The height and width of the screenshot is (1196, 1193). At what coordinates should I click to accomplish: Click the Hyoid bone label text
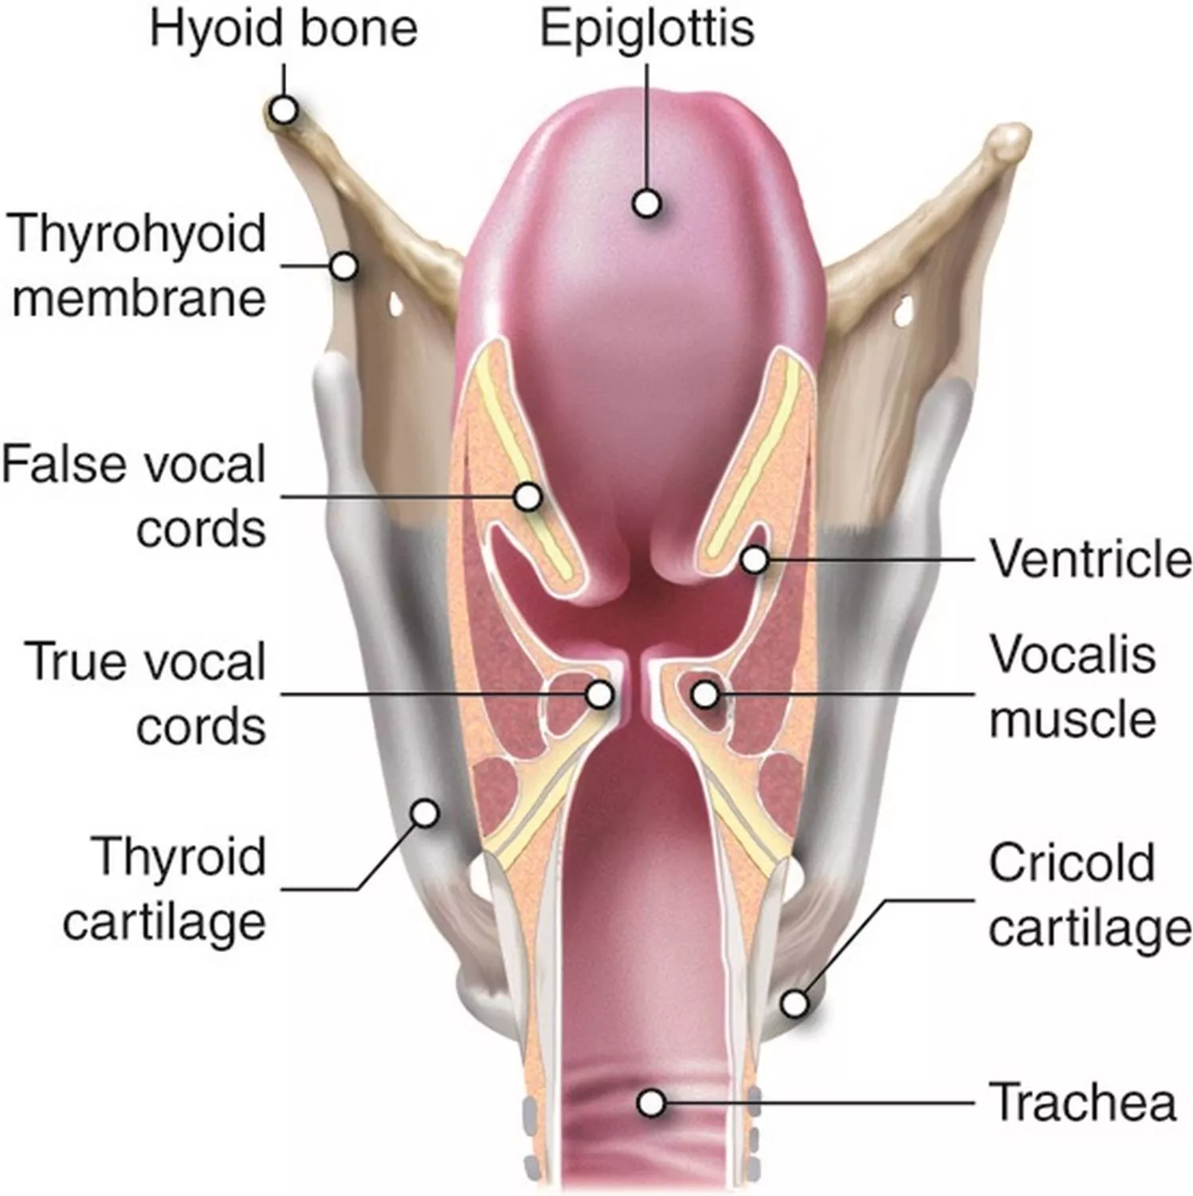click(x=284, y=28)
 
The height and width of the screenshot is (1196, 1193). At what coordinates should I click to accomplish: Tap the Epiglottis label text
click(x=647, y=30)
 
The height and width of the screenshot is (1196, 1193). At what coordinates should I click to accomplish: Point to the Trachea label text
click(x=1083, y=1102)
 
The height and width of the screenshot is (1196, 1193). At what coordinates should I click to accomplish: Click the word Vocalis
click(x=1073, y=655)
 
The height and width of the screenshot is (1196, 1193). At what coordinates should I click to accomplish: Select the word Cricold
click(x=1072, y=863)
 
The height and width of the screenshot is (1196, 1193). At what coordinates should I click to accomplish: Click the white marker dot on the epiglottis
click(x=647, y=203)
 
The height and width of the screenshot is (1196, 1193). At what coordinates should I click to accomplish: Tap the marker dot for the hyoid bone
click(x=284, y=109)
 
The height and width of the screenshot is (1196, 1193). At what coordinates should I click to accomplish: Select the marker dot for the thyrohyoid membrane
click(x=343, y=266)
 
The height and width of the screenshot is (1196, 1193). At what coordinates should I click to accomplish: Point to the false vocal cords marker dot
click(x=528, y=497)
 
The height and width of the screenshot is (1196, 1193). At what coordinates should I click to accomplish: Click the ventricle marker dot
click(x=754, y=560)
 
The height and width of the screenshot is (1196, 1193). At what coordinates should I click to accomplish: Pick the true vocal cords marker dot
click(x=599, y=694)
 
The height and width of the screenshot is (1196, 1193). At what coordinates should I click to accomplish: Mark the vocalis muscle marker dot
click(x=704, y=694)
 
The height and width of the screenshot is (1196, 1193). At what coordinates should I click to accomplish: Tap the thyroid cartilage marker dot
click(x=425, y=813)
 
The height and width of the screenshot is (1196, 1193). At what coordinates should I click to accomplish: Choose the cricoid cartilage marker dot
click(x=794, y=1003)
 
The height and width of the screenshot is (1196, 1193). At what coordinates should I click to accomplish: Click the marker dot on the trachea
click(x=652, y=1104)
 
